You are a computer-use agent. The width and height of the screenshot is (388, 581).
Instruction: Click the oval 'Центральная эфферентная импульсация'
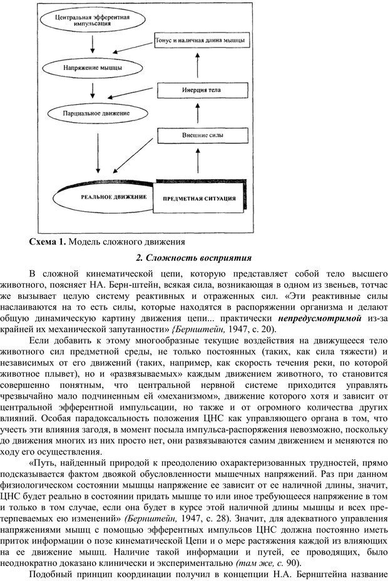coord(93,21)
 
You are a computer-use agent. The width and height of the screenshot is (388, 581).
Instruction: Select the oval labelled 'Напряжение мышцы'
coord(93,66)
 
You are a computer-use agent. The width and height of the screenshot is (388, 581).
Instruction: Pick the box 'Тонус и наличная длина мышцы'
coord(198,40)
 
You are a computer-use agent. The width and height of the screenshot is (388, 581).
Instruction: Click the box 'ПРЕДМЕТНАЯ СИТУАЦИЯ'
coord(199,199)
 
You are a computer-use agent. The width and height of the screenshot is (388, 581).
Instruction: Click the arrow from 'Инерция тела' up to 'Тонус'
coord(198,65)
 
